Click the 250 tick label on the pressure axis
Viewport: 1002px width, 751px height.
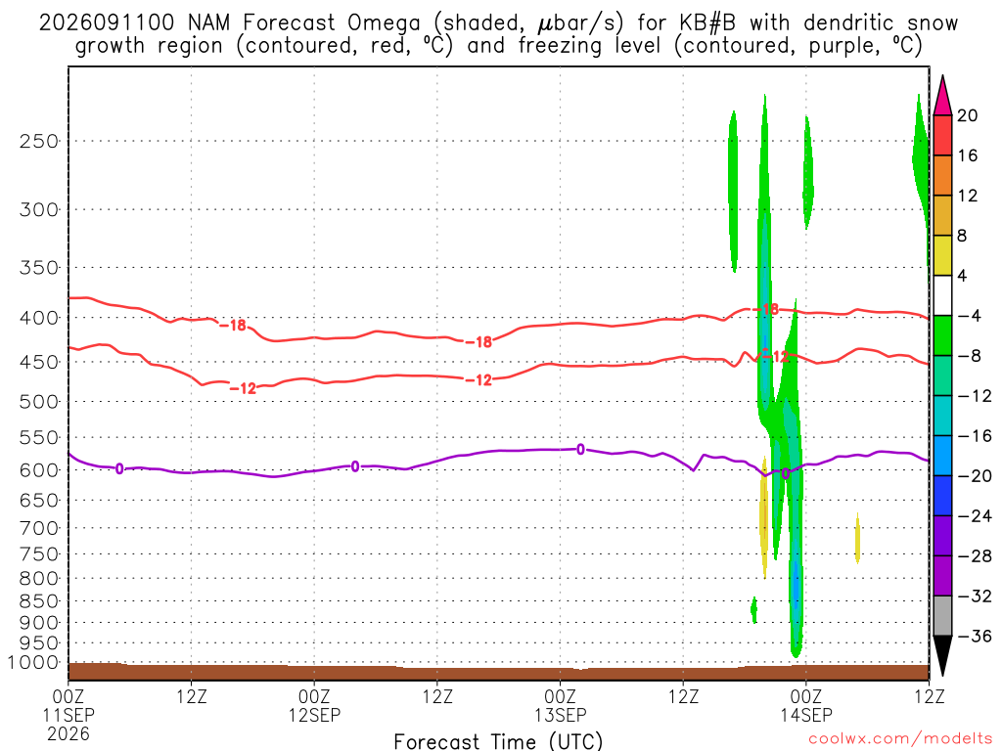(x=39, y=141)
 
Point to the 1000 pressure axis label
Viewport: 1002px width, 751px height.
(x=32, y=663)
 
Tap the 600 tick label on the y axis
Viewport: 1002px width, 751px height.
(x=39, y=470)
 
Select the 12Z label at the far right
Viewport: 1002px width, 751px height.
(x=929, y=696)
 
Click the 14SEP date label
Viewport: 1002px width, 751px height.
(x=806, y=715)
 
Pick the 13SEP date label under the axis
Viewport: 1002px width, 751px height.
(x=560, y=715)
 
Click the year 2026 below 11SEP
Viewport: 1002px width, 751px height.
(x=68, y=733)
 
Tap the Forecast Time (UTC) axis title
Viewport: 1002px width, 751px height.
(x=498, y=741)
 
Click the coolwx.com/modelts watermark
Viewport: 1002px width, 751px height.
(x=900, y=739)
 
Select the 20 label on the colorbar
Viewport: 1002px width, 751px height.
(x=968, y=115)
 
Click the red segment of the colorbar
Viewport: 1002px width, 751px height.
(x=942, y=135)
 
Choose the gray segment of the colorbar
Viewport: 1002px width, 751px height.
(x=942, y=616)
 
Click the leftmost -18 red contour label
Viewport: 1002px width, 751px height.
(x=233, y=326)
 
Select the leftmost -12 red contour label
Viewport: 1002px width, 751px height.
(x=243, y=388)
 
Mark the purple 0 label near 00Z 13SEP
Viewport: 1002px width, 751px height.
(x=580, y=450)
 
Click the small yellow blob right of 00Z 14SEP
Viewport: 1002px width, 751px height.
(x=857, y=538)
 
